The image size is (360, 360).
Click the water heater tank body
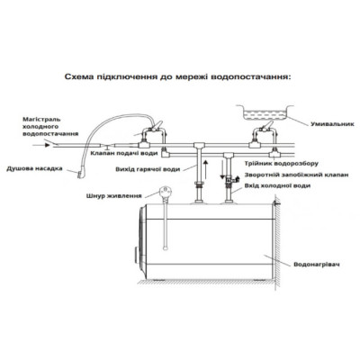coord(207,247)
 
